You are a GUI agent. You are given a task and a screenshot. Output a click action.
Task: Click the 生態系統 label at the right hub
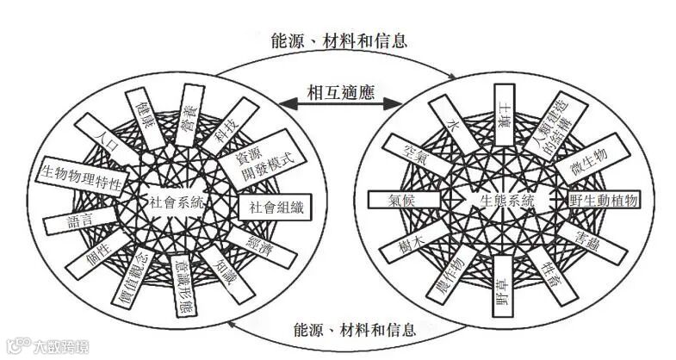pos(507,200)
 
